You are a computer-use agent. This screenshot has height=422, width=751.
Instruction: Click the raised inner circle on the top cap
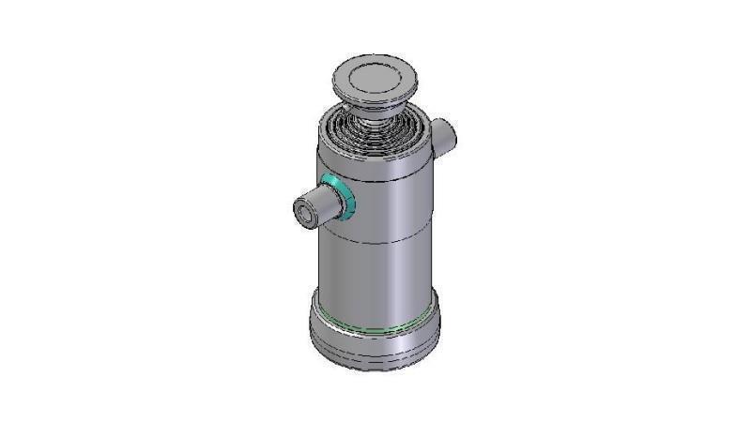point(374,75)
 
